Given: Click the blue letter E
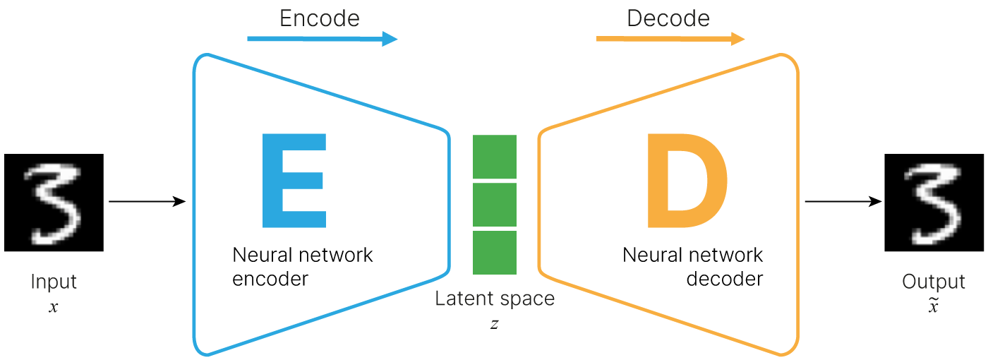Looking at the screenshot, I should click(294, 181).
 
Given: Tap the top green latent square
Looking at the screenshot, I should click(495, 157).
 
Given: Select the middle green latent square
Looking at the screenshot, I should click(495, 205).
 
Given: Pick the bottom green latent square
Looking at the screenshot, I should click(495, 253).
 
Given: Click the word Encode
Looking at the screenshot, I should click(319, 18).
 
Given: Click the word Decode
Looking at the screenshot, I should click(668, 18).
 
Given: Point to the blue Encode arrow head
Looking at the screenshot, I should click(390, 40).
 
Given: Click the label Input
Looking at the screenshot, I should click(53, 282).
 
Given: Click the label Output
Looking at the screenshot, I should click(933, 282).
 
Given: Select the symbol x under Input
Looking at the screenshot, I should click(53, 308).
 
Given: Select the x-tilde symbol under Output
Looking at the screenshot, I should click(933, 307).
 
